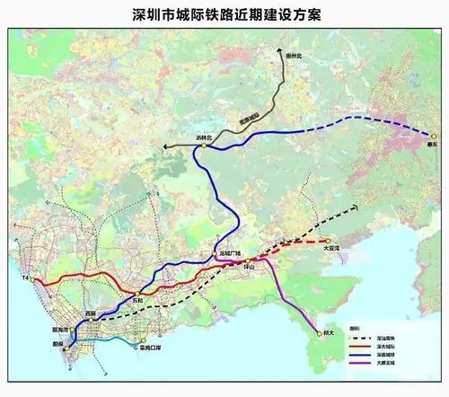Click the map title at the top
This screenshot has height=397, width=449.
(x=224, y=15)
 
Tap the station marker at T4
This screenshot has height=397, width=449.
(x=34, y=280)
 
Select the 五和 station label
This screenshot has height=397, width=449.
(x=137, y=299)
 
